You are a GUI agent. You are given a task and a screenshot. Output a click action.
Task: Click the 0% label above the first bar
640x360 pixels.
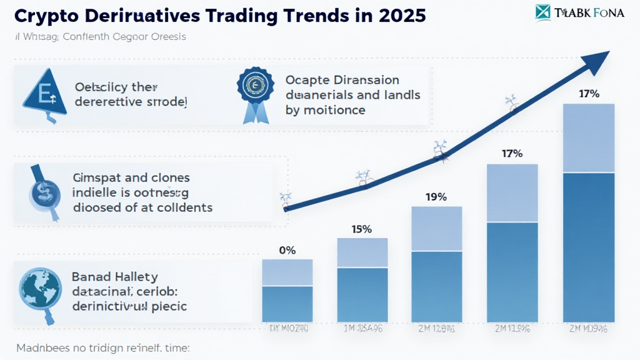coord(287,250)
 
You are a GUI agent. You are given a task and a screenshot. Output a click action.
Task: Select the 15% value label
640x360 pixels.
coord(361,229)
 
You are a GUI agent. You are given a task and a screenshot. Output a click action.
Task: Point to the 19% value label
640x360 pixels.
coord(436,197)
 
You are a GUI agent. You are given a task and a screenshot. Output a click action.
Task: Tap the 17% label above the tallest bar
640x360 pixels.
coord(589,94)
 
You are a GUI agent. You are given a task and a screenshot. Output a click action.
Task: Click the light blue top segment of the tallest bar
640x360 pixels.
coord(589,137)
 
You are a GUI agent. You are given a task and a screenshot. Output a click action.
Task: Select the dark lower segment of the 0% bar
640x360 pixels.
coord(287,304)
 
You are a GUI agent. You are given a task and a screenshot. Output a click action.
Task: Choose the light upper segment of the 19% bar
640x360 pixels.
coord(436,229)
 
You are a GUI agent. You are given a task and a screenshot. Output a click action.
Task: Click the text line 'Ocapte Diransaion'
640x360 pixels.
coord(342,81)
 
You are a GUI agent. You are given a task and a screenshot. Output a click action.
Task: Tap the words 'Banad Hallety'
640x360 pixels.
coord(115,276)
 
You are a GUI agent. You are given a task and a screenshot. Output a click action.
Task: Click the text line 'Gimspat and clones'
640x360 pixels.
coord(131,179)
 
